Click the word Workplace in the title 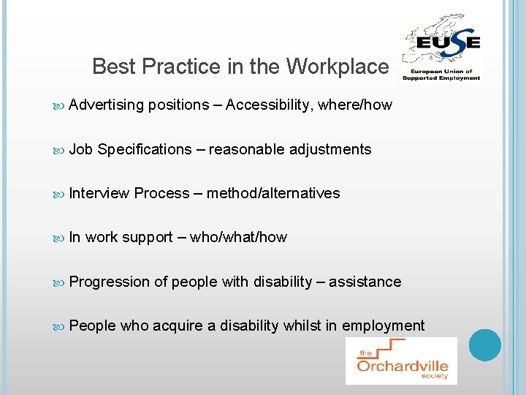tap(338, 67)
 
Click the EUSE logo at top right tap(442, 47)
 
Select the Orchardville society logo tap(401, 361)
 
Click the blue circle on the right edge tap(484, 345)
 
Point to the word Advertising tap(107, 105)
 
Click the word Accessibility tap(270, 105)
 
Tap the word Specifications tap(144, 149)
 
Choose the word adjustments tap(330, 149)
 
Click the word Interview tap(99, 193)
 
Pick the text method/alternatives tap(273, 193)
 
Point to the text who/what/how tap(238, 237)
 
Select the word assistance tap(365, 282)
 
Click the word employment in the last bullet tap(383, 326)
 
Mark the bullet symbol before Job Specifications tap(59, 150)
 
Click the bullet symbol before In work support tap(59, 238)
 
